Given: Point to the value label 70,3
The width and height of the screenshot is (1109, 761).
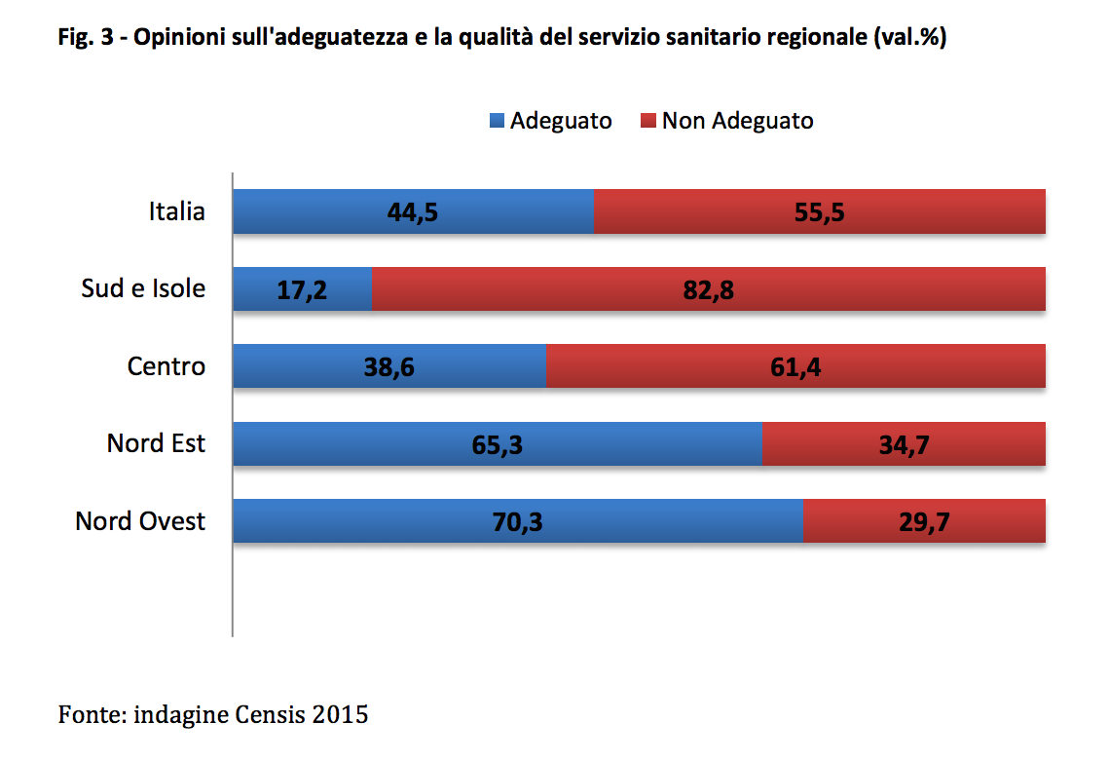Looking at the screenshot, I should pos(517,522).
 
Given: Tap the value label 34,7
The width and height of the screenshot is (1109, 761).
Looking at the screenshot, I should pos(905,444).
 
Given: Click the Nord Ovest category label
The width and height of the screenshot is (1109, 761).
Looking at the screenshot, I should pos(140,521).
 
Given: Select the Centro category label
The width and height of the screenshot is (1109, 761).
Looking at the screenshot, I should pos(166,366).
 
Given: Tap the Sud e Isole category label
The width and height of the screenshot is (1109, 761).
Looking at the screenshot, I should pos(143,289).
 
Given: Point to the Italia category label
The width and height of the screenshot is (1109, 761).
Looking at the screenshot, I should pos(176,211).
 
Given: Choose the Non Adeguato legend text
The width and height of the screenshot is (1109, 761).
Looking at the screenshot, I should pos(737,121).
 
